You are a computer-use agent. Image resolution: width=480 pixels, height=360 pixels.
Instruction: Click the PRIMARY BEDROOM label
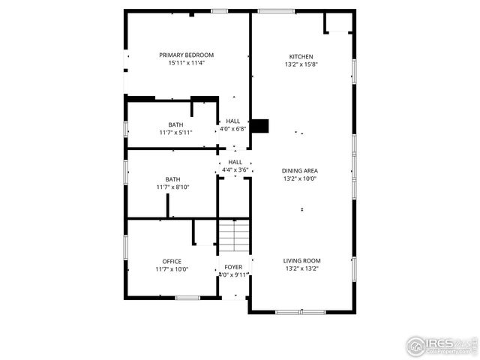click(186, 55)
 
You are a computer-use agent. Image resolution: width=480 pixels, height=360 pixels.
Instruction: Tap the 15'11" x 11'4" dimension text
click(186, 63)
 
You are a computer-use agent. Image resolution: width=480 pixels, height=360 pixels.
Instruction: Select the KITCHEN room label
click(301, 56)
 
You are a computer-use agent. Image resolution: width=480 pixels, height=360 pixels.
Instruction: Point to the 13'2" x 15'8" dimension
click(301, 64)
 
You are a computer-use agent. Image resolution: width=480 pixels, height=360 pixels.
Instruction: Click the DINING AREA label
click(300, 170)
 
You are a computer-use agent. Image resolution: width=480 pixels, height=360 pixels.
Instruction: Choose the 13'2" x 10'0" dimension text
click(300, 178)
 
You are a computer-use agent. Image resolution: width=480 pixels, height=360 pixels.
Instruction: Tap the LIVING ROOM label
click(301, 260)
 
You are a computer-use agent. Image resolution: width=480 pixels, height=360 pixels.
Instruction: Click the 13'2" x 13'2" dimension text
click(301, 268)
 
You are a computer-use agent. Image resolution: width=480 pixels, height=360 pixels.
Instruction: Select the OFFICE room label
click(172, 261)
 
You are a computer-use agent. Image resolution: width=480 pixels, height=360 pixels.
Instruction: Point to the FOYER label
click(233, 266)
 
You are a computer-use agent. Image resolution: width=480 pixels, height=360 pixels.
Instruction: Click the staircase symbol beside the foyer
click(234, 235)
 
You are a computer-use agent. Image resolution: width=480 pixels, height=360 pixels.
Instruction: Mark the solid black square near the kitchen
click(259, 126)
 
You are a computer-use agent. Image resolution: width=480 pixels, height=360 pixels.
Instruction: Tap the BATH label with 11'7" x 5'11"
click(175, 124)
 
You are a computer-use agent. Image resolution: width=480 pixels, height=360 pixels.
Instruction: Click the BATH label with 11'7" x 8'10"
click(172, 179)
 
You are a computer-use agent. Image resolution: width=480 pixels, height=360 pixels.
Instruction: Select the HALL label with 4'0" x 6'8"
click(233, 121)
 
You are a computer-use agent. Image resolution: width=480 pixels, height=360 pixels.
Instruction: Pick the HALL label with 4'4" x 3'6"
click(235, 162)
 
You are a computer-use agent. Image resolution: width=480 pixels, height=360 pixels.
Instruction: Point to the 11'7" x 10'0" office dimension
click(172, 269)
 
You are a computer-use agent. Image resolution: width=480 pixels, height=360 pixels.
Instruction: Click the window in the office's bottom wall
click(187, 298)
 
